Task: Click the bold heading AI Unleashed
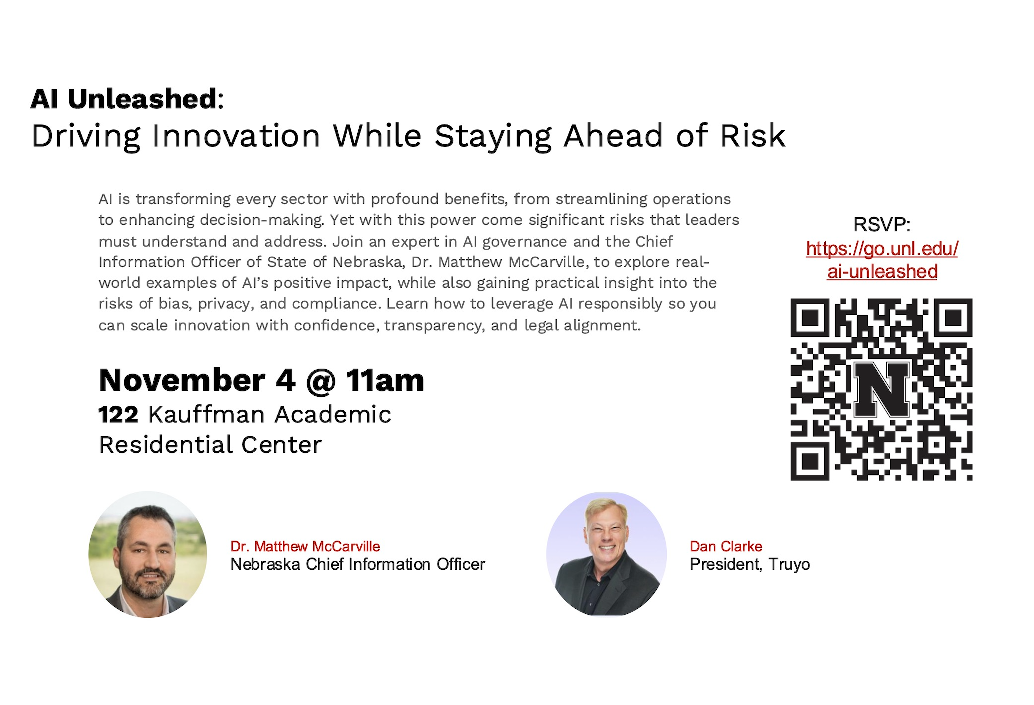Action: pos(124,99)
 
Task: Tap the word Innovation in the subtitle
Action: pos(236,136)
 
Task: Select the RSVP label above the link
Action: pos(882,224)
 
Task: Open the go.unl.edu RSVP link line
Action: pos(882,249)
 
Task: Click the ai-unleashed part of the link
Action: pos(882,271)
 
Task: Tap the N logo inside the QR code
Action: pos(881,389)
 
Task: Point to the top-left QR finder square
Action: pos(810,317)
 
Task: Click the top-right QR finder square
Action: pos(953,317)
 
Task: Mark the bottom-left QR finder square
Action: pos(810,461)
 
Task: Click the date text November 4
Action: pos(197,380)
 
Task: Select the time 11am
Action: pos(385,380)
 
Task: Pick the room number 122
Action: pos(118,415)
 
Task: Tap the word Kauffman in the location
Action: pos(206,415)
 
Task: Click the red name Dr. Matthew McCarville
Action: pos(305,546)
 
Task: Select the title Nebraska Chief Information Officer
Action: pos(358,564)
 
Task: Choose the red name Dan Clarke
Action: pos(726,546)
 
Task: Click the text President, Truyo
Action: pos(750,564)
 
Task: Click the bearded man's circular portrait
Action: pos(148,554)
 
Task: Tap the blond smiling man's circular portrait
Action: pos(606,554)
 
